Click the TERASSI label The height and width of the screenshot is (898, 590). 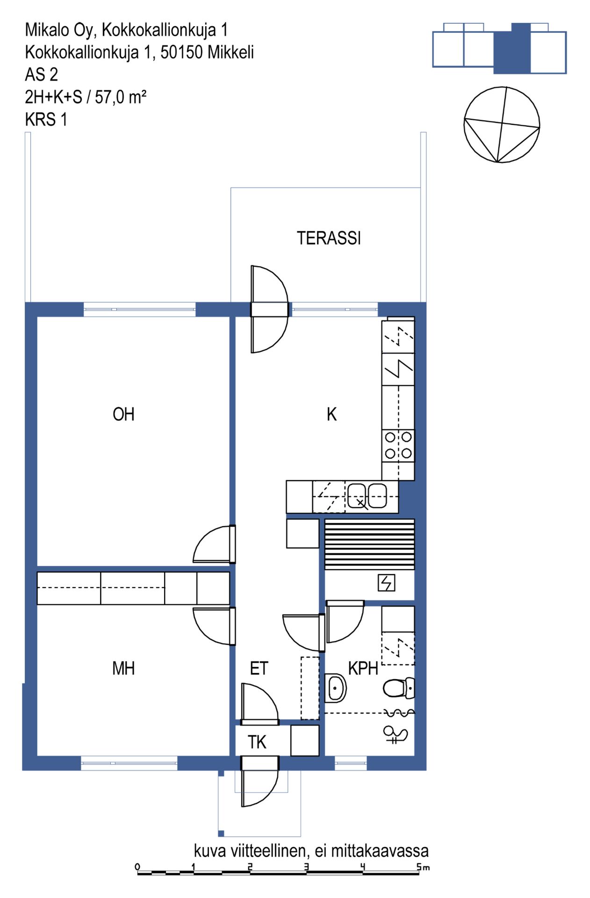(x=329, y=238)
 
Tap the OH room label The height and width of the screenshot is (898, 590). (x=123, y=414)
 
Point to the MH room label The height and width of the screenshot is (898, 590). (x=123, y=668)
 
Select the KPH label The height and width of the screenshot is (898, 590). (x=363, y=668)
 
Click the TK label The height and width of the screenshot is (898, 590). (x=257, y=742)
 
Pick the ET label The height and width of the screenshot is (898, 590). (x=259, y=668)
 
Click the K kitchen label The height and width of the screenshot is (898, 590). (x=331, y=414)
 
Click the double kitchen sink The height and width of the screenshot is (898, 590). (x=367, y=496)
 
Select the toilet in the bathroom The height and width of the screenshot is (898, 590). (x=399, y=688)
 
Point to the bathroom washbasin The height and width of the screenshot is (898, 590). (x=335, y=688)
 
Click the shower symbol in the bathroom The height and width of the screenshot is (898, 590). (x=395, y=734)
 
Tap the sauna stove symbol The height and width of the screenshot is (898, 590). (x=387, y=583)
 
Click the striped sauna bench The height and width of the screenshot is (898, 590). (x=370, y=544)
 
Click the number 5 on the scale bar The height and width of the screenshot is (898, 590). (x=420, y=867)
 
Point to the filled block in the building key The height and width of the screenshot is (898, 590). (x=512, y=49)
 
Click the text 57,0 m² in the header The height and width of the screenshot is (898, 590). (x=121, y=97)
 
